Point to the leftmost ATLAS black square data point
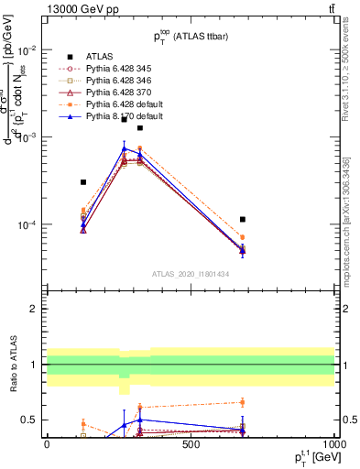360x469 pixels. (x=83, y=182)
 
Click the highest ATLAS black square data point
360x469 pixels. (x=139, y=128)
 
